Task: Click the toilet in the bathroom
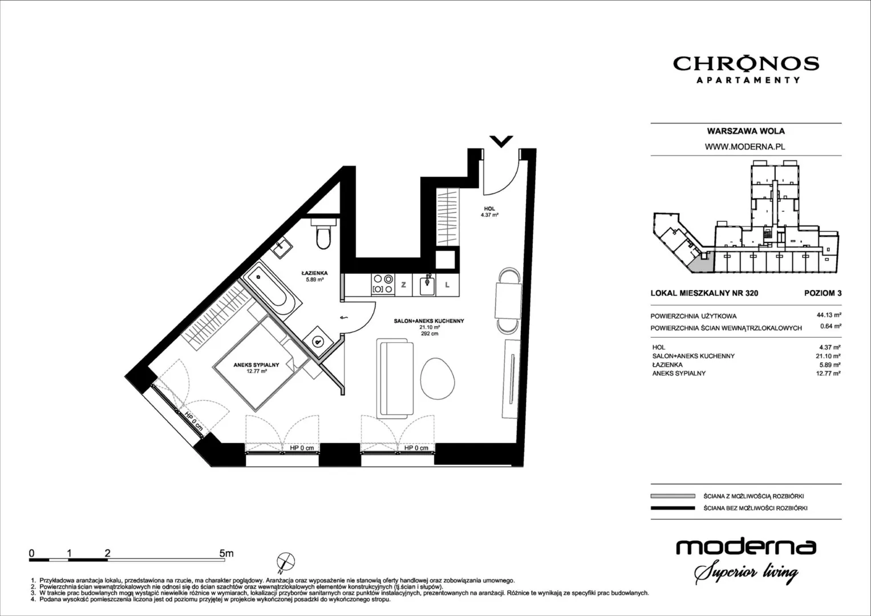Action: [323, 234]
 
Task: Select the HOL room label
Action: [489, 209]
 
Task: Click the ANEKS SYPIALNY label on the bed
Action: [256, 365]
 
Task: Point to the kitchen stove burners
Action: [383, 284]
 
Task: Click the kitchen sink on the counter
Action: [427, 285]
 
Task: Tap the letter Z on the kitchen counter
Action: [404, 285]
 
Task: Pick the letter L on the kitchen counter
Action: [447, 285]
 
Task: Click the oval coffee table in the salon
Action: [437, 378]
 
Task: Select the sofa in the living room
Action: [395, 377]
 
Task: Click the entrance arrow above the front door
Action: [501, 141]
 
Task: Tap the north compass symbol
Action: [285, 562]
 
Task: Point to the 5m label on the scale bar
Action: [226, 553]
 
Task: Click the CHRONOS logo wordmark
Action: [746, 63]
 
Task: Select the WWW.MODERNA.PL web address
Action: [745, 147]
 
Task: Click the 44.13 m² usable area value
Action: [829, 315]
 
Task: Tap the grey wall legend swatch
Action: [673, 496]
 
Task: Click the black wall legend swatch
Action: [673, 508]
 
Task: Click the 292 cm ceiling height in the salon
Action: [430, 333]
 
